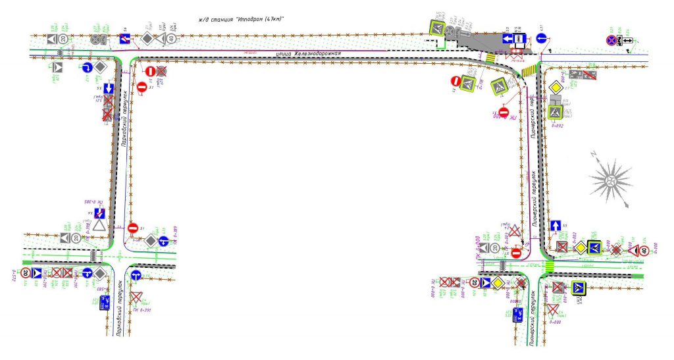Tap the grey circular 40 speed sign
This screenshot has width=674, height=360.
pyautogui.click(x=171, y=39)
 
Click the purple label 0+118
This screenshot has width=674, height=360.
pyautogui.click(x=480, y=83)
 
